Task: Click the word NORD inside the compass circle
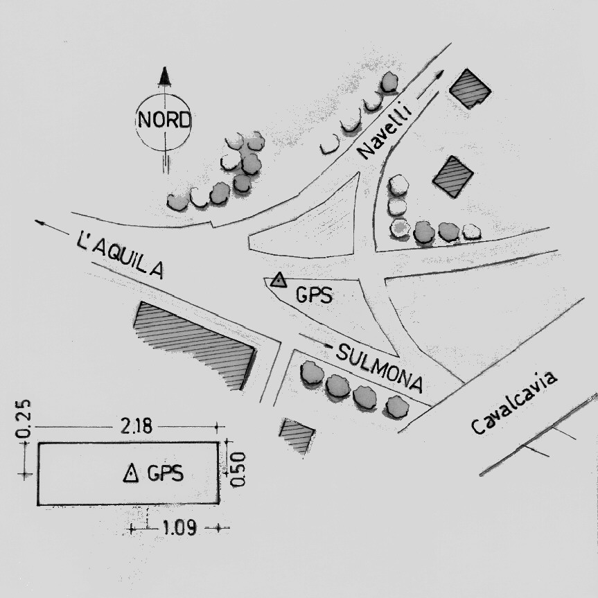[x=164, y=120]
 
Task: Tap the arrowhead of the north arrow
[x=165, y=76]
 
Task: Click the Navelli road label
[x=385, y=130]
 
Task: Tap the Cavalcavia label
[x=514, y=403]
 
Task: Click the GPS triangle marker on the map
[x=279, y=280]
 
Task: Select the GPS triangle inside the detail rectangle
[x=131, y=473]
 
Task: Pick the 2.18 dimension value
[x=137, y=426]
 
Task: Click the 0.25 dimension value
[x=23, y=419]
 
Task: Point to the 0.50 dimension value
[x=238, y=469]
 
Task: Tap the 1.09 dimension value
[x=179, y=528]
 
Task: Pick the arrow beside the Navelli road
[x=430, y=85]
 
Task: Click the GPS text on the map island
[x=315, y=294]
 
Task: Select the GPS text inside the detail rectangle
[x=165, y=473]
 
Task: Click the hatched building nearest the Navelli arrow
[x=471, y=89]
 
